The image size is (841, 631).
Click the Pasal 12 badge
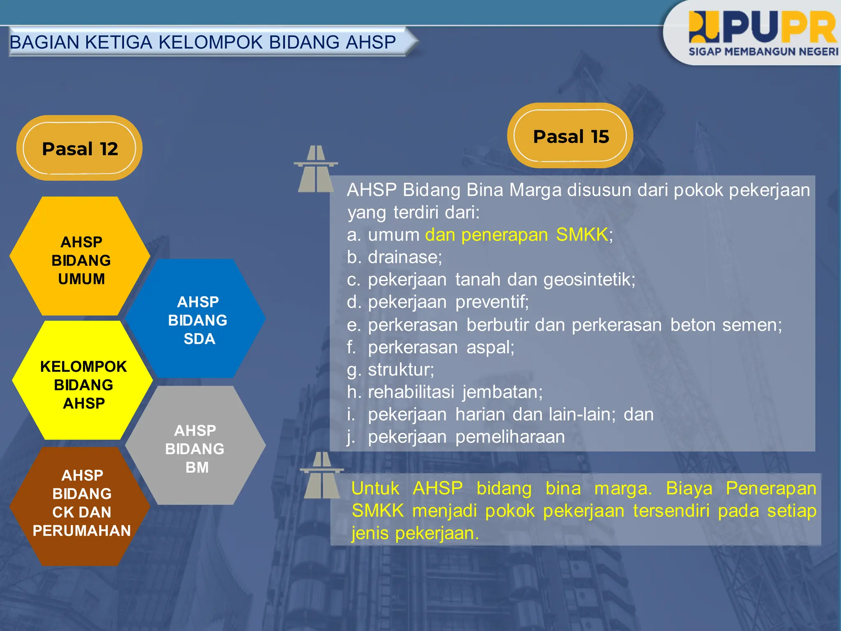(80, 148)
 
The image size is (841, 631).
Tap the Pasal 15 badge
(570, 136)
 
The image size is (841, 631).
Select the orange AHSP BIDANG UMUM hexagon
(80, 260)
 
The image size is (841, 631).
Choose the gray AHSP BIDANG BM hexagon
(195, 448)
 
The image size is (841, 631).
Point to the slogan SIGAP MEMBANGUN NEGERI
(763, 52)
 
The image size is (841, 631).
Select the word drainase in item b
(404, 257)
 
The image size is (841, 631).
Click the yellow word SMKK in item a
(581, 235)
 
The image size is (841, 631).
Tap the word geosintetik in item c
(589, 280)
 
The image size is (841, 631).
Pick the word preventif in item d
(492, 302)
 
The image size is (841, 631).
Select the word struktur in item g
(400, 370)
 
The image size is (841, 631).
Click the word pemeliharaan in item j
(510, 437)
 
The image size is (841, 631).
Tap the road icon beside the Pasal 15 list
(315, 169)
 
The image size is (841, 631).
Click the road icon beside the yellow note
(322, 475)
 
